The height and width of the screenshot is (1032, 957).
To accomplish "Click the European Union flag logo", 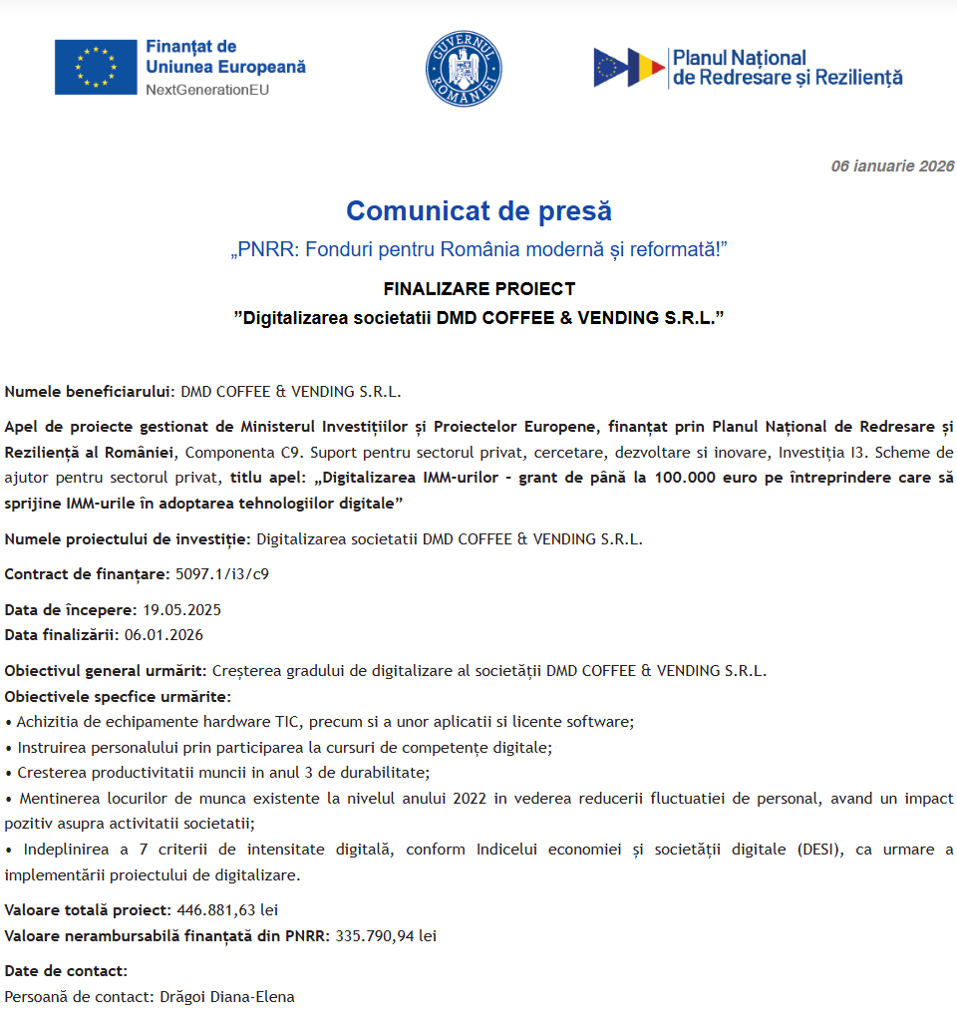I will click(x=96, y=67).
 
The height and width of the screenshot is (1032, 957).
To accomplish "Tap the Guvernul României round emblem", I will click(x=463, y=68).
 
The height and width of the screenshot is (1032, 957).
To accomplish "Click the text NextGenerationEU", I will click(x=207, y=90).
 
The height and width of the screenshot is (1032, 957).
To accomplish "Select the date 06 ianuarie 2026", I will click(x=892, y=167).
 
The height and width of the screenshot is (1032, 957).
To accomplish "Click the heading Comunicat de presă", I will click(x=478, y=211).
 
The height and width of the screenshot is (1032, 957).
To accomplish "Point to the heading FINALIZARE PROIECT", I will click(x=478, y=289).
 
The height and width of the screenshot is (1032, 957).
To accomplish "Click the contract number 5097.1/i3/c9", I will click(x=222, y=573).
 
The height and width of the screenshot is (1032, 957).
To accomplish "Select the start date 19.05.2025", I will click(x=181, y=609).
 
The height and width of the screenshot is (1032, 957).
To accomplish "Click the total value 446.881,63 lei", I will click(x=227, y=909).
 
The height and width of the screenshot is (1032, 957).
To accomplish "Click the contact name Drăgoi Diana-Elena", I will click(x=227, y=996).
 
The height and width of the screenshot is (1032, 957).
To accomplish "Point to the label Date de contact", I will click(x=66, y=970).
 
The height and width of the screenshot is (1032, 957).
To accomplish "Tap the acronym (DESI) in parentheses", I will click(x=819, y=850).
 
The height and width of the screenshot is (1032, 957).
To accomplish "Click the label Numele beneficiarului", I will click(x=90, y=391).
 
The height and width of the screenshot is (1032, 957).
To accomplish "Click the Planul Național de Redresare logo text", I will click(x=788, y=68).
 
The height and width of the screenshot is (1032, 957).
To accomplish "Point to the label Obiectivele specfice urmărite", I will click(x=118, y=695).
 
